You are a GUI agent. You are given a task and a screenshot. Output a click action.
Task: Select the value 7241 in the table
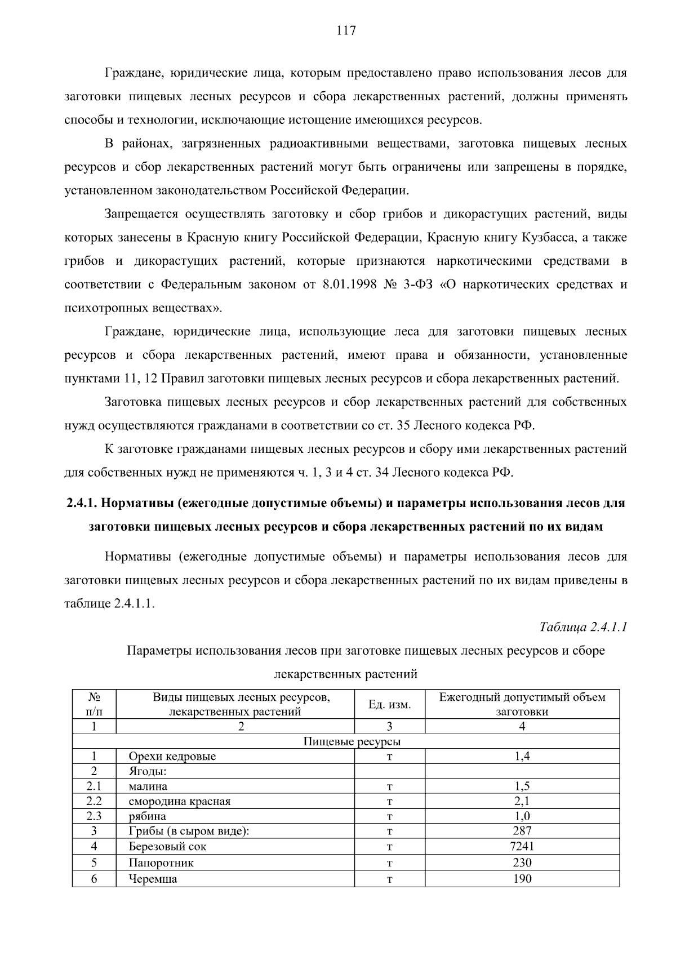522,846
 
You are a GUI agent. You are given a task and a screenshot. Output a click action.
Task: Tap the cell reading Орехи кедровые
172,757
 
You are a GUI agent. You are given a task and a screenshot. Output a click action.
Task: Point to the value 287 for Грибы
522,831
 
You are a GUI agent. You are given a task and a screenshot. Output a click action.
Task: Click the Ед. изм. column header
389,704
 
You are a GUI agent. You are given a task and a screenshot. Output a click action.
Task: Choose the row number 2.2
94,801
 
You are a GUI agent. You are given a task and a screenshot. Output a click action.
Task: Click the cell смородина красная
179,801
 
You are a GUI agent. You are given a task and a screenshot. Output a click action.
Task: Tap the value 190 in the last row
522,878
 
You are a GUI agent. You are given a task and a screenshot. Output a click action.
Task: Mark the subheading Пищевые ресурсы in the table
352,741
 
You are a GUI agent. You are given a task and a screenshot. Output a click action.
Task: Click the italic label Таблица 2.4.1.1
583,627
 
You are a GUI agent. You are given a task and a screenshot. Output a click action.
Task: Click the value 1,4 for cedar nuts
522,757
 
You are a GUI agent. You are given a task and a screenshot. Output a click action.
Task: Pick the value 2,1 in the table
522,801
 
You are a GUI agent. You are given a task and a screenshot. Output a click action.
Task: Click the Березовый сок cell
167,846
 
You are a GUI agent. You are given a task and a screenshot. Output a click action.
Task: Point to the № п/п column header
94,704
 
